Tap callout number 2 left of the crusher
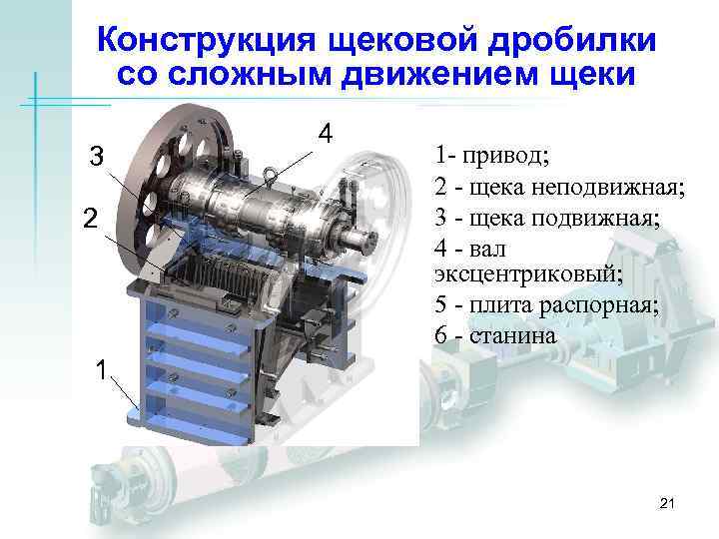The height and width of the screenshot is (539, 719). tap(89, 219)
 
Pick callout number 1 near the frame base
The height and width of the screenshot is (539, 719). tap(99, 370)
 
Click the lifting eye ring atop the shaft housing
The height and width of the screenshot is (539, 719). tap(271, 180)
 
